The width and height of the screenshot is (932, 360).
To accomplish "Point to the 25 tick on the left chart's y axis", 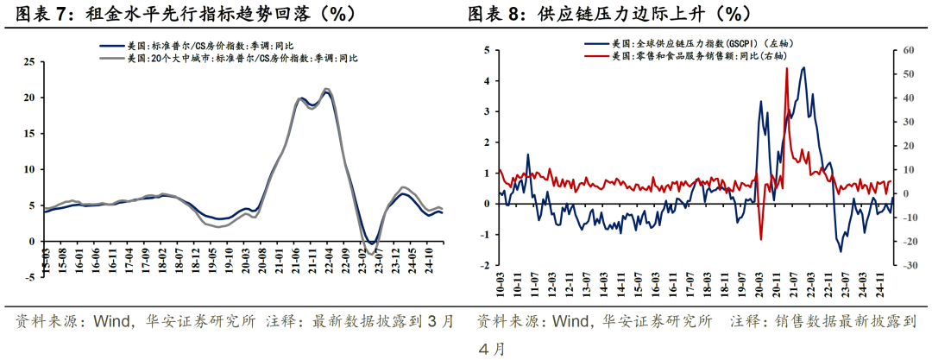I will click(29, 62).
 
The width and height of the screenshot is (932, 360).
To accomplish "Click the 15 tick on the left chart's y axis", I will click(29, 134).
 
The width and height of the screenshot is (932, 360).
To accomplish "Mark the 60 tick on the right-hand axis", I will click(904, 50).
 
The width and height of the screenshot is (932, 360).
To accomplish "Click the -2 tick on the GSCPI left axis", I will click(485, 265).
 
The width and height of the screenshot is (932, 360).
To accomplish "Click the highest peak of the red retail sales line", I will click(786, 68).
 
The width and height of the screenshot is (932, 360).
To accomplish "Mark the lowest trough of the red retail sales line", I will click(761, 239).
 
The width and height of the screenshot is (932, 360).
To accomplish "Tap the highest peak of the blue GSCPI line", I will click(803, 67).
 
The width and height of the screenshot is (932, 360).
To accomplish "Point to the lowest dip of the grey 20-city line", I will click(371, 253).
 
